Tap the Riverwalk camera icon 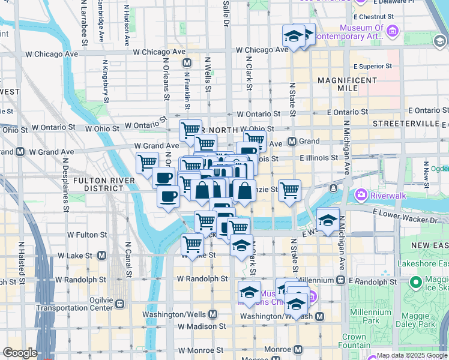tap(361, 194)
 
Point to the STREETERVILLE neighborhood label tap(406, 123)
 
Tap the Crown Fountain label tap(354, 341)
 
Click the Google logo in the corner tap(20, 353)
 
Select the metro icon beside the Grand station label tap(292, 142)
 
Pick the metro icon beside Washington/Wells tap(213, 314)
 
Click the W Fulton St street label tap(87, 235)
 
